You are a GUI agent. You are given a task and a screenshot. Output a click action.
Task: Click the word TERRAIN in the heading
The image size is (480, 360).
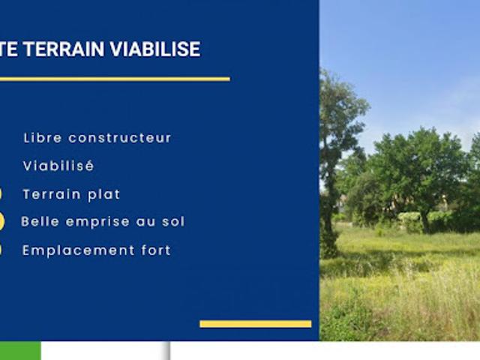(64, 49)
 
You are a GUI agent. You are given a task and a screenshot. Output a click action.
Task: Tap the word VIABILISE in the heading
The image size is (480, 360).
(155, 49)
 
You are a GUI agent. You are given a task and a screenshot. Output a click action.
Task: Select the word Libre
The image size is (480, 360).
(43, 138)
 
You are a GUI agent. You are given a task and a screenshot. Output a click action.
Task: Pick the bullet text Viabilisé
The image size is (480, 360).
(58, 166)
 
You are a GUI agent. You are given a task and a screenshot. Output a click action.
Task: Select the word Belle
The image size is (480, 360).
(41, 222)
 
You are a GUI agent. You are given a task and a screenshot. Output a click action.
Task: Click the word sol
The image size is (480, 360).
(173, 222)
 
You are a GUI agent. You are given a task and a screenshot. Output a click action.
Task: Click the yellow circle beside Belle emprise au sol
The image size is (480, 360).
(1, 221)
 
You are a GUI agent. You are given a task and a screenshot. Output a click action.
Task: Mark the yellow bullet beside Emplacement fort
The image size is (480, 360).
(1, 250)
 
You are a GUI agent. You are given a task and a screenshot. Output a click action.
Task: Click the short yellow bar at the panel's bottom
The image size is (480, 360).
(255, 324)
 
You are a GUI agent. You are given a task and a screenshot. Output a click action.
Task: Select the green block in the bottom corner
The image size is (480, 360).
(20, 350)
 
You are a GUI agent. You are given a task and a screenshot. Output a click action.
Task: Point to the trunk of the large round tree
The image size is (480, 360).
(425, 221)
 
